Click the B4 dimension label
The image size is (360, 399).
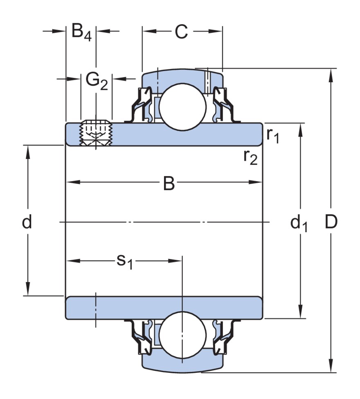[x=81, y=32]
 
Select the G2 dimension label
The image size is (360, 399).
[x=97, y=81]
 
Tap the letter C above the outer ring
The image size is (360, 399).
[x=181, y=32]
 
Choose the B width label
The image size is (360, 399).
[x=169, y=184]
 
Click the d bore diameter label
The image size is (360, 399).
[x=27, y=222]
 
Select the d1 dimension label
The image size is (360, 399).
[x=299, y=223]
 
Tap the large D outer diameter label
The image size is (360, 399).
[x=331, y=222]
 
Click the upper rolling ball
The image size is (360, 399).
[x=182, y=107]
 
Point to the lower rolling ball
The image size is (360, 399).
[x=182, y=334]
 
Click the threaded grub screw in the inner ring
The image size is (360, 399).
[x=97, y=132]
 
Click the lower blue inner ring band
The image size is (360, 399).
[x=164, y=307]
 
